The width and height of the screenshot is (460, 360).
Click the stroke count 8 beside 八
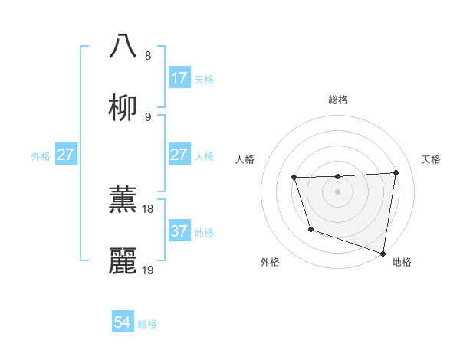147,56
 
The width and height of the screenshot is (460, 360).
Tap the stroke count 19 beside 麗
147,270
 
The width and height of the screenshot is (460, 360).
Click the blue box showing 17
179,77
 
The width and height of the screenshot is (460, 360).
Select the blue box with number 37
179,231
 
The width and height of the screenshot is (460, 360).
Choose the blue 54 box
123,322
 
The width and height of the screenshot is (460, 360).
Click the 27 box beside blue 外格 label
66,154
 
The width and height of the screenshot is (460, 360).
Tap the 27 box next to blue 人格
179,154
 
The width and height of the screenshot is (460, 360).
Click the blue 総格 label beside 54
147,324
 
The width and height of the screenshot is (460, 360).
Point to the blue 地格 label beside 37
204,232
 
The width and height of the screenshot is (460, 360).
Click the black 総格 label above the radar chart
338,100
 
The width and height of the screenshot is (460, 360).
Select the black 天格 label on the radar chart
432,159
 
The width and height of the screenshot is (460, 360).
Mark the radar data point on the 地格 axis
383,253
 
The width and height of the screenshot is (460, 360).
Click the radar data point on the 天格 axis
396,172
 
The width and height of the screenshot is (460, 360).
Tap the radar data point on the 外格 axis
310,229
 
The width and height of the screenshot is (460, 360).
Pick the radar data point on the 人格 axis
294,178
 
